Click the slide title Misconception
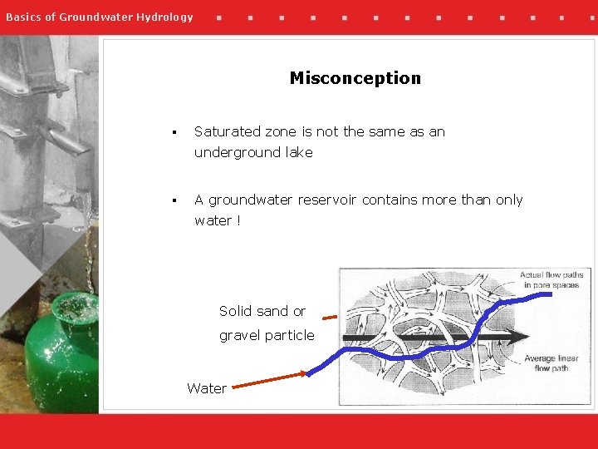click(x=355, y=78)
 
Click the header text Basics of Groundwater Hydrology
click(x=99, y=17)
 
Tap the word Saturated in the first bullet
click(x=227, y=131)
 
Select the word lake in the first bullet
click(x=297, y=152)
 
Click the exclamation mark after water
click(x=238, y=220)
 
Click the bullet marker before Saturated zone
click(x=174, y=132)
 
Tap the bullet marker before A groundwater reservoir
click(x=174, y=200)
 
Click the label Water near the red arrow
click(x=207, y=388)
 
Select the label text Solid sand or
click(x=262, y=311)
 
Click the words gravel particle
click(x=267, y=335)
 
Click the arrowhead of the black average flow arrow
click(x=519, y=337)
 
